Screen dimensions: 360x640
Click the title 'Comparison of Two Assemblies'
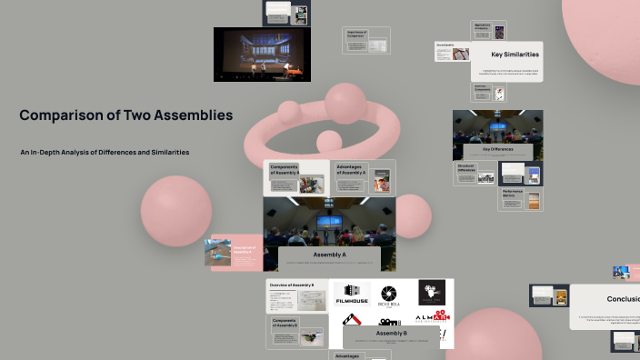[x=125, y=115]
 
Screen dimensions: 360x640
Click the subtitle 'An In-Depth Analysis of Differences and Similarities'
[x=105, y=152]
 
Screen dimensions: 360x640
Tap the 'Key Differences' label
[x=497, y=148]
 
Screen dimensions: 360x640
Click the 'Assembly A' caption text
[x=329, y=255]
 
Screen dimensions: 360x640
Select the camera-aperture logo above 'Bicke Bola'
[x=389, y=294]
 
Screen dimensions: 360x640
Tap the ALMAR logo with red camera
[x=432, y=319]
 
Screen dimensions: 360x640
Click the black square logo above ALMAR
[x=432, y=292]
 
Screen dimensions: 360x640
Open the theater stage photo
[x=262, y=54]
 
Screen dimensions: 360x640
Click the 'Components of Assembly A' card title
[x=285, y=170]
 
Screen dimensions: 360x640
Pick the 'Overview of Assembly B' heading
[x=292, y=285]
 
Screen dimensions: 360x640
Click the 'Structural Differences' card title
[x=466, y=168]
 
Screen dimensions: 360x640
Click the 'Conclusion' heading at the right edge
[x=623, y=298]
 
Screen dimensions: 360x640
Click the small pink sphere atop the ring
[x=345, y=102]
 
